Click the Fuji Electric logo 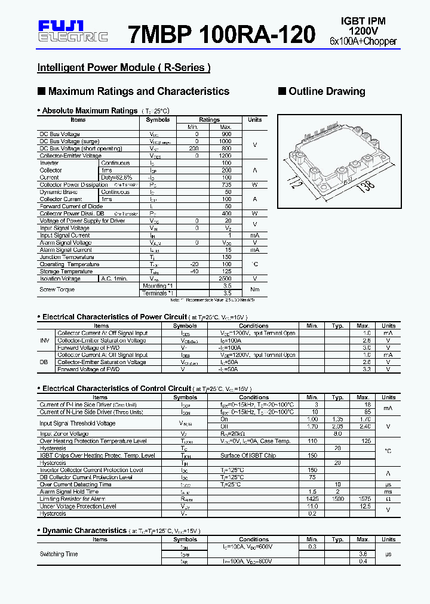coord(72,31)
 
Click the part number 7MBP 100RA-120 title coord(222,35)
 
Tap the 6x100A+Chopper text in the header coord(363,41)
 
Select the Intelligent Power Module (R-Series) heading coord(124,67)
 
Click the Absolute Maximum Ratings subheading coord(90,111)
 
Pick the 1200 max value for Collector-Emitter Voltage coord(226,156)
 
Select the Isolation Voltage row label coord(60,279)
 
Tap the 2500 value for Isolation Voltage coord(226,279)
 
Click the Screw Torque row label coord(57,289)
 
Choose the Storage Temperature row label coord(66,272)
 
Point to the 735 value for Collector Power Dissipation coord(226,185)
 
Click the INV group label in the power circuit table coord(45,341)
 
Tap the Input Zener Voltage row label coord(64,434)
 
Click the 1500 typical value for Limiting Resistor coord(338,499)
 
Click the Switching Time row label coord(59,554)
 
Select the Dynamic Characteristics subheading coord(84,531)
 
